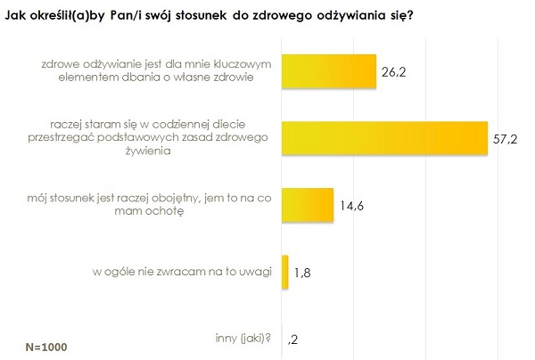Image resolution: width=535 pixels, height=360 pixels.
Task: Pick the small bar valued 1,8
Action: pos(285,272)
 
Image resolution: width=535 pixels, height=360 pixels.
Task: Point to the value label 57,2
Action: pos(505,139)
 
